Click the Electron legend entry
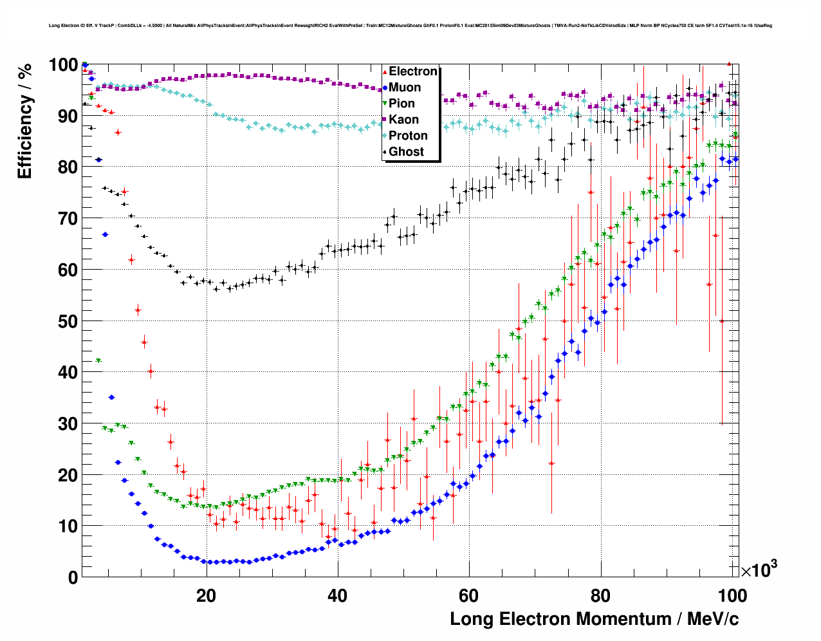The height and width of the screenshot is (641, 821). (x=412, y=71)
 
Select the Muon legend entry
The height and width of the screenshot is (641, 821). (x=405, y=88)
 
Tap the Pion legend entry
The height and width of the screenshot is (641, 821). (x=401, y=104)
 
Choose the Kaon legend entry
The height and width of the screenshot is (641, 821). (x=403, y=120)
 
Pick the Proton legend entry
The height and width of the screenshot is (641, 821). (x=408, y=136)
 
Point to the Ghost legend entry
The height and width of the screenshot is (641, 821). (x=406, y=152)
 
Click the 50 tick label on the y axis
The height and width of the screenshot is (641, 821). (x=64, y=321)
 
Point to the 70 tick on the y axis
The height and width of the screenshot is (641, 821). (x=64, y=219)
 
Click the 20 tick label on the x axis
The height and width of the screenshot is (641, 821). (x=206, y=596)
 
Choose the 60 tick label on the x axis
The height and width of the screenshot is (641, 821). (x=468, y=596)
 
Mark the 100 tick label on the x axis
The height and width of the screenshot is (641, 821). (x=731, y=596)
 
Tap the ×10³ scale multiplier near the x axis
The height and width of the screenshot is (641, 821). (x=759, y=570)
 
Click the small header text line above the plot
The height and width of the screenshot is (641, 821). (x=410, y=26)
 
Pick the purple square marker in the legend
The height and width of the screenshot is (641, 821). (x=385, y=120)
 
